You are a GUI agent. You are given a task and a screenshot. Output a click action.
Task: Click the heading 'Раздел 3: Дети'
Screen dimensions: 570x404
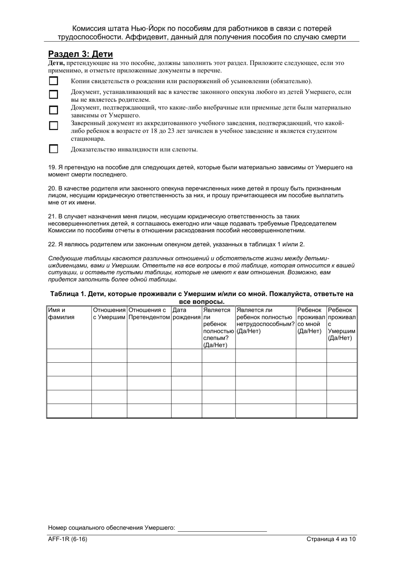tap(80, 54)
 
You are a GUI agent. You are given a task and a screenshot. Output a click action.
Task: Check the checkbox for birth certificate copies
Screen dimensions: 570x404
tap(54, 81)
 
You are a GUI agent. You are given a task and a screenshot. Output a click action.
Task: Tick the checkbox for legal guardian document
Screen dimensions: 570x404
tap(54, 94)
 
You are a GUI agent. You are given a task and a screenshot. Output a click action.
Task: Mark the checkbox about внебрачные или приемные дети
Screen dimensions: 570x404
tap(54, 110)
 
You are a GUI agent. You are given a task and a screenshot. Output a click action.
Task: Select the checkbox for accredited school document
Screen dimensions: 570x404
tap(54, 126)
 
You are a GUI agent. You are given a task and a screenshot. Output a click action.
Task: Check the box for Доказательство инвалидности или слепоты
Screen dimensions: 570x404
tap(54, 149)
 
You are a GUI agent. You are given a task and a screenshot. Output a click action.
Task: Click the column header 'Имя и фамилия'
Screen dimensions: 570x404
tap(61, 313)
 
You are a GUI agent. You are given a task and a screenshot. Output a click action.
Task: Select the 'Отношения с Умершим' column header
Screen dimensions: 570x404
tap(109, 313)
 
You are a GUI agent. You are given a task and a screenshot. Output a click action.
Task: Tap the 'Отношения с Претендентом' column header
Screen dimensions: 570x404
tap(149, 313)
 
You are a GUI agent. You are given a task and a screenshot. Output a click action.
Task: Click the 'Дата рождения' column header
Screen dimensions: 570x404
tap(186, 313)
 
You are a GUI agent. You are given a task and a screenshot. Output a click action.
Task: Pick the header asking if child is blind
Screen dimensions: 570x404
tap(218, 327)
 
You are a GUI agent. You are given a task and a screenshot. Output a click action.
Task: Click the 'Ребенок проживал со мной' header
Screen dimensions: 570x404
tap(311, 320)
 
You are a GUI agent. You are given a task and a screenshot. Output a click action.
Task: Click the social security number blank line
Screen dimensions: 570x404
tap(222, 528)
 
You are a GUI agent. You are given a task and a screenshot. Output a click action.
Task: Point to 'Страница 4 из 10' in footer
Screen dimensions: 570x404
tap(330, 539)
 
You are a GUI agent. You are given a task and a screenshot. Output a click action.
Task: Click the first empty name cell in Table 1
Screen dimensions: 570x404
tap(69, 356)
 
